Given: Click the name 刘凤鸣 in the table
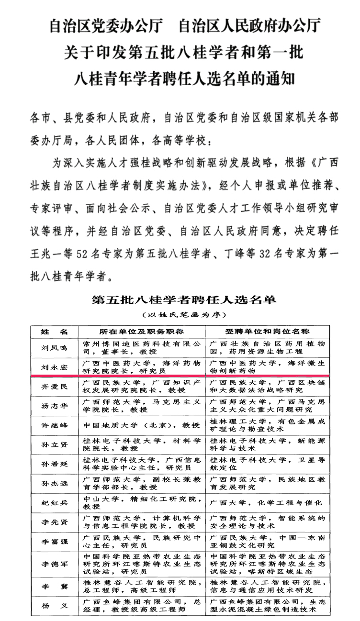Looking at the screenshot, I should coord(54,347).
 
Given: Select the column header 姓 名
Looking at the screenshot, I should coord(54,332).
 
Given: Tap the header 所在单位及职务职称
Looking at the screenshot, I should coord(141,332).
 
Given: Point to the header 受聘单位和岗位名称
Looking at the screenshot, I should coord(268,332).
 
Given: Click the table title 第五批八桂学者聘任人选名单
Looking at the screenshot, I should coord(184,300).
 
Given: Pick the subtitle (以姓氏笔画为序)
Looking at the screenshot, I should coord(184,315).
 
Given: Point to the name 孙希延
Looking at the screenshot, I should coord(54,464).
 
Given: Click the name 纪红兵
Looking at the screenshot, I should coord(54,502).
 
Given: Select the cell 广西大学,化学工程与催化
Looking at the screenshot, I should coord(266,502).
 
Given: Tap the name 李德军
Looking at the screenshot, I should coord(54,564).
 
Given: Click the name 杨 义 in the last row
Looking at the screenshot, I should coord(54,605).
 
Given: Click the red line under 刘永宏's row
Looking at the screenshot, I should coord(180,376).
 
